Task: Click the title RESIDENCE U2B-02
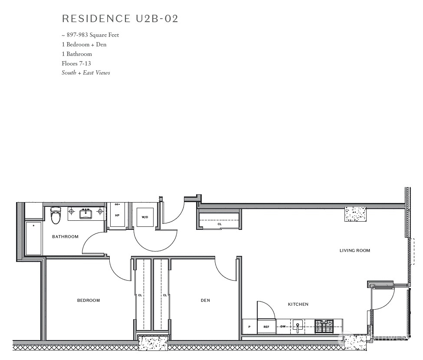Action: [120, 19]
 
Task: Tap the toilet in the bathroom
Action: [56, 216]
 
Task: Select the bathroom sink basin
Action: [85, 213]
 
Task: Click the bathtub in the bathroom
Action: [33, 239]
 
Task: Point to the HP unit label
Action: [117, 215]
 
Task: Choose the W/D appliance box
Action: [145, 217]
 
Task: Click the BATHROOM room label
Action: [65, 237]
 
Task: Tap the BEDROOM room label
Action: [89, 300]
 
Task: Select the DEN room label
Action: [205, 300]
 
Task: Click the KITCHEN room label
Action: [298, 304]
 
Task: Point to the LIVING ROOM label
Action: [355, 250]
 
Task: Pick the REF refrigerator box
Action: [266, 327]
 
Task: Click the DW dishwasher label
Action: [283, 327]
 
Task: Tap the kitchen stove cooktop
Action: [324, 326]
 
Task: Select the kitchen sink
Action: [298, 325]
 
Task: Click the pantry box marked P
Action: [249, 327]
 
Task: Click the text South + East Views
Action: [86, 73]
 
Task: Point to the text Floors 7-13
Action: [76, 63]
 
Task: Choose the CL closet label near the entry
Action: [220, 224]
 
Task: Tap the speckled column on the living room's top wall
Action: [356, 214]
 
